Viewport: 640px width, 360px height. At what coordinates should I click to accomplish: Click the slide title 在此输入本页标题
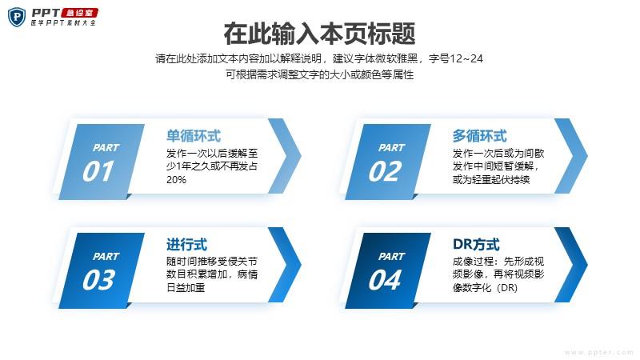(319, 34)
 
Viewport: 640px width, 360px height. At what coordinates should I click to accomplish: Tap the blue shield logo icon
(17, 17)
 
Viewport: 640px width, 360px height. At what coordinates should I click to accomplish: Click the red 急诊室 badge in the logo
(79, 13)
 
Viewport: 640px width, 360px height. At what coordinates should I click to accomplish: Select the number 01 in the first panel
(98, 171)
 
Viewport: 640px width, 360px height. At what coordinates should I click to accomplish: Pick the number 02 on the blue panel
(385, 171)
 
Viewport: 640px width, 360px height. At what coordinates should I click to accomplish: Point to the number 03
(98, 280)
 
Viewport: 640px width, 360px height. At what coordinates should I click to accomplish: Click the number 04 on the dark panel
(385, 280)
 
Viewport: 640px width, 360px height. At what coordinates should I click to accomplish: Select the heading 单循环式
(194, 136)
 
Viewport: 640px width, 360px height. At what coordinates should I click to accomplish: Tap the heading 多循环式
(479, 136)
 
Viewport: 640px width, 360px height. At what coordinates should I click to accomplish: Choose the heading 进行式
(186, 245)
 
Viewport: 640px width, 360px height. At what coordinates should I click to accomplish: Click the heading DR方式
(476, 245)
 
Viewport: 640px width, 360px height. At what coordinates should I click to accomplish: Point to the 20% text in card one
(176, 179)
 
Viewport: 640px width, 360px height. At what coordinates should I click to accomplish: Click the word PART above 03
(106, 257)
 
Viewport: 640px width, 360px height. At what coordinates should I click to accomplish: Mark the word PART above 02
(392, 148)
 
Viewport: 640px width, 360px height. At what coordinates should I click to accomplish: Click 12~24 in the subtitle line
(466, 58)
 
